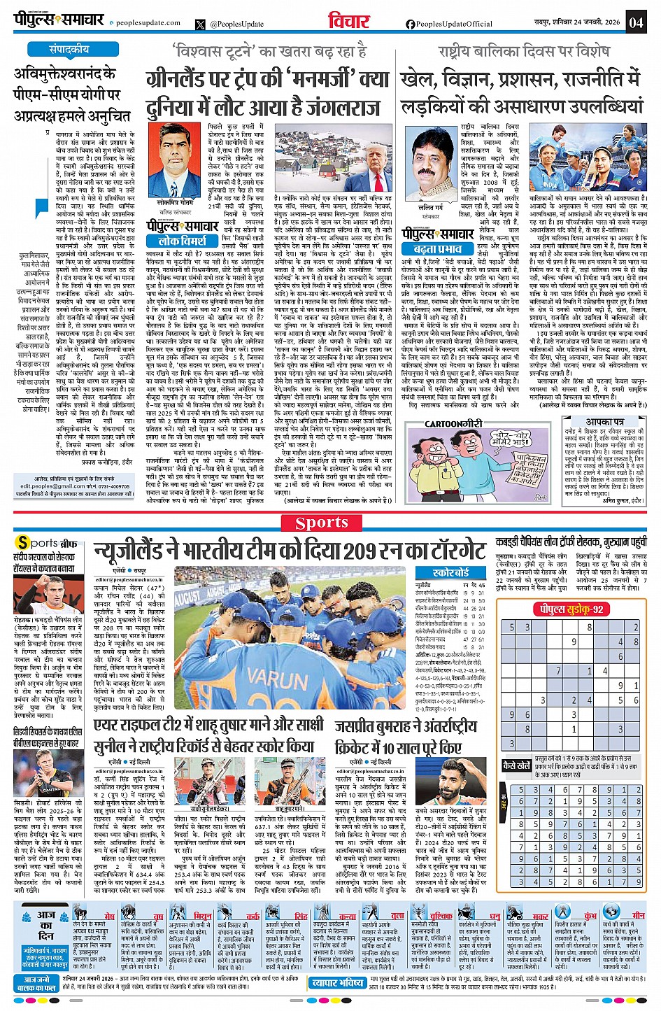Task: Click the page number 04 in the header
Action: pyautogui.click(x=636, y=22)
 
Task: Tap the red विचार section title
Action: pyautogui.click(x=348, y=22)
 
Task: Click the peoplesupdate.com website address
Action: pyautogui.click(x=148, y=23)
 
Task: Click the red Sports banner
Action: pyautogui.click(x=322, y=523)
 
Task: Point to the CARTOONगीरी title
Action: pyautogui.click(x=453, y=424)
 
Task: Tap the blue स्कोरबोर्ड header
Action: pyautogui.click(x=450, y=572)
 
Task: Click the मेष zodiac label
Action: pyautogui.click(x=109, y=916)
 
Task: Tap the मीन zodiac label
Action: pyautogui.click(x=639, y=915)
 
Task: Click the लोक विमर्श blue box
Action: pyautogui.click(x=182, y=240)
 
